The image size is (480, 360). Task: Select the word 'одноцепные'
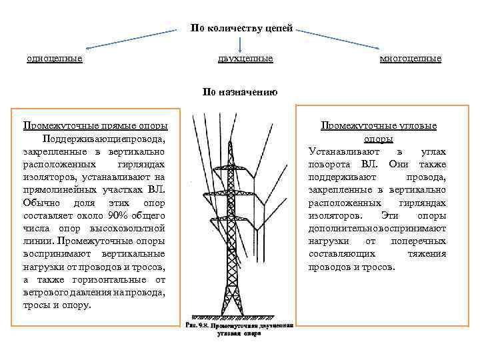point(55,59)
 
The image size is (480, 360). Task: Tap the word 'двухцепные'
point(245,59)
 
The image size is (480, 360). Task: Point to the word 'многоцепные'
point(411,59)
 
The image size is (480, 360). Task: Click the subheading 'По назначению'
point(240,93)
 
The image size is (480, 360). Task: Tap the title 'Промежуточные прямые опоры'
point(95,125)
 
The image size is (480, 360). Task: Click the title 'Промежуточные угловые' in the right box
point(379,125)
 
